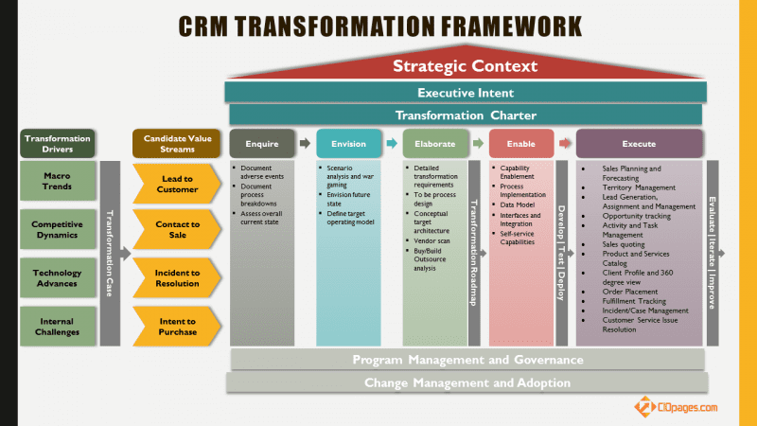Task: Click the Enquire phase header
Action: (262, 144)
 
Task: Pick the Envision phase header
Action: (347, 144)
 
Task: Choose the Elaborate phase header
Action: (435, 144)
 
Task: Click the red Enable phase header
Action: (521, 144)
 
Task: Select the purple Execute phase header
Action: (639, 144)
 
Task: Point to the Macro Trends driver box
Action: (57, 181)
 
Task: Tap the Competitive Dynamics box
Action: (57, 229)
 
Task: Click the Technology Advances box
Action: (57, 277)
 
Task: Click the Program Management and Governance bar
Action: (467, 360)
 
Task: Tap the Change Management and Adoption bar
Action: (467, 383)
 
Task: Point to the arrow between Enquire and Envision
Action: (304, 144)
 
